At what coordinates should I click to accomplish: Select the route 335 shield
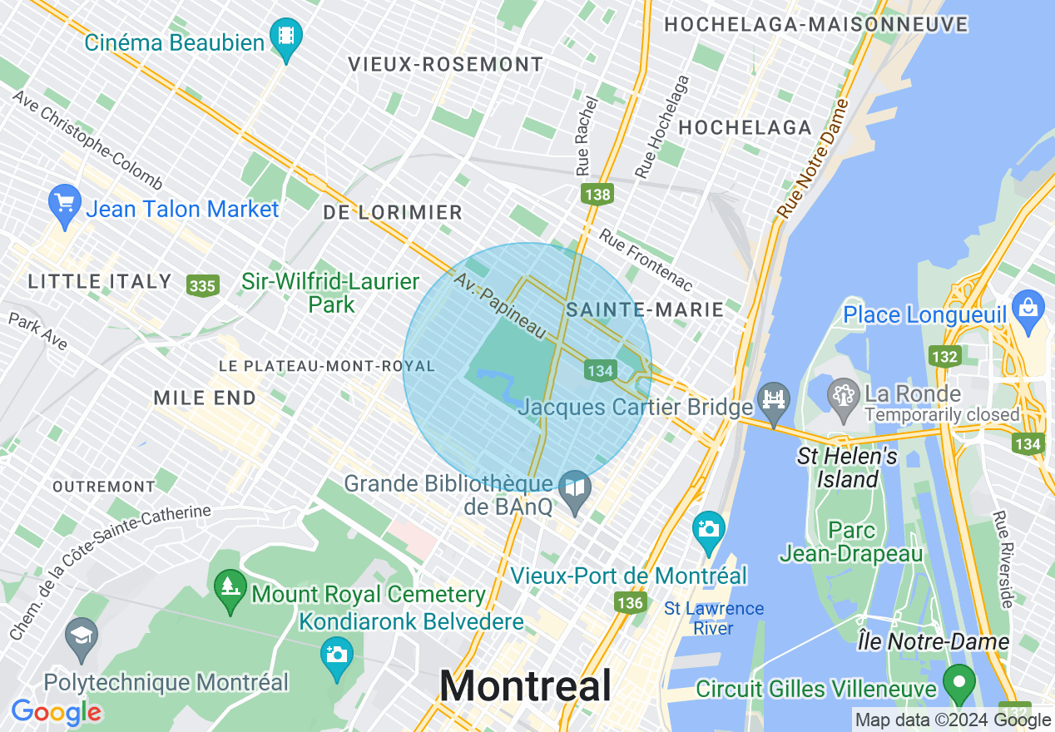[202, 286]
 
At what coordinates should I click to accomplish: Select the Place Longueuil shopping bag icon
[1029, 308]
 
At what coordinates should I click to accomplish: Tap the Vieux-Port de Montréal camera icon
[708, 529]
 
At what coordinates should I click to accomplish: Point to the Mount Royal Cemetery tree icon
[230, 586]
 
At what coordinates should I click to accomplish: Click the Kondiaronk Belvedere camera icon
[337, 655]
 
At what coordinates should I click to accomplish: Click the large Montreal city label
[525, 687]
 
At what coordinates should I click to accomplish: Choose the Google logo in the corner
[56, 712]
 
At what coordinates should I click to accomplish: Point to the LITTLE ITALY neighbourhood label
[100, 282]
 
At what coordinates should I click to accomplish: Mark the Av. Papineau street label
[499, 304]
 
